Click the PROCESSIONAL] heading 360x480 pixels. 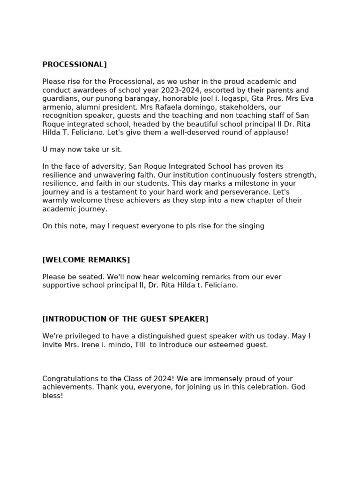coord(75,65)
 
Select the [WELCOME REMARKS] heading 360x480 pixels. coord(86,260)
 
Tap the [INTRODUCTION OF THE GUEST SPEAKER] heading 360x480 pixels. coord(125,319)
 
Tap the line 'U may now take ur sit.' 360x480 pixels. coord(82,150)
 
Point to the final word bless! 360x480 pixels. coord(52,396)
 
